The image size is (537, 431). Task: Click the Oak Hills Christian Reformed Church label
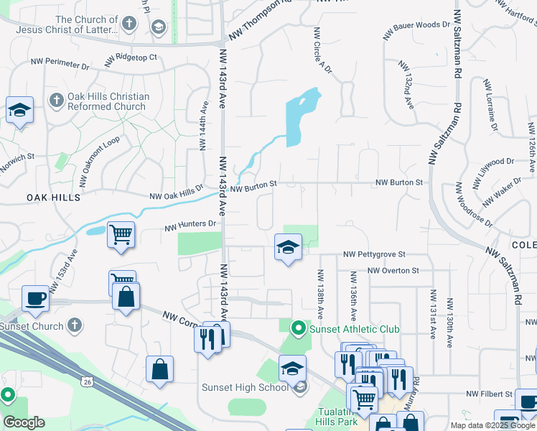[108, 101]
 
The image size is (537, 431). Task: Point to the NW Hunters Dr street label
[190, 224]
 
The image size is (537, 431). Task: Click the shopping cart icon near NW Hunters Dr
[121, 234]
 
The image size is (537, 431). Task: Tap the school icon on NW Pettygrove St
[288, 248]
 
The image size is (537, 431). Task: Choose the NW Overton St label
[393, 271]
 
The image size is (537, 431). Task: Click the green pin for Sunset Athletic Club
[299, 329]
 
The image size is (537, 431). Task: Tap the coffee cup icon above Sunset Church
[35, 297]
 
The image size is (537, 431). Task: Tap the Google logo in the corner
[24, 422]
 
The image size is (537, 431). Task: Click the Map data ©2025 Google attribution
[491, 425]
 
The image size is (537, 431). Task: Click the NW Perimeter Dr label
[60, 65]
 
